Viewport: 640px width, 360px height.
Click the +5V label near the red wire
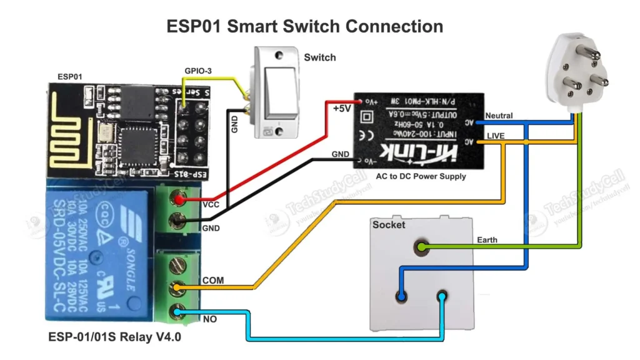(342, 108)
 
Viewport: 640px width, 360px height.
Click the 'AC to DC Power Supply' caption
(421, 177)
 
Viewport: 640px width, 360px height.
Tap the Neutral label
(499, 116)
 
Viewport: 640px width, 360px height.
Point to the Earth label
(487, 240)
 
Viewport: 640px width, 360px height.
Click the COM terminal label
(212, 280)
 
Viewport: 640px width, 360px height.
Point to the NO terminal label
(209, 319)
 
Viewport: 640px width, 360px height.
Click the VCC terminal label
(211, 204)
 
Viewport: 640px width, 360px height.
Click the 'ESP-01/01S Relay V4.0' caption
(111, 337)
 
